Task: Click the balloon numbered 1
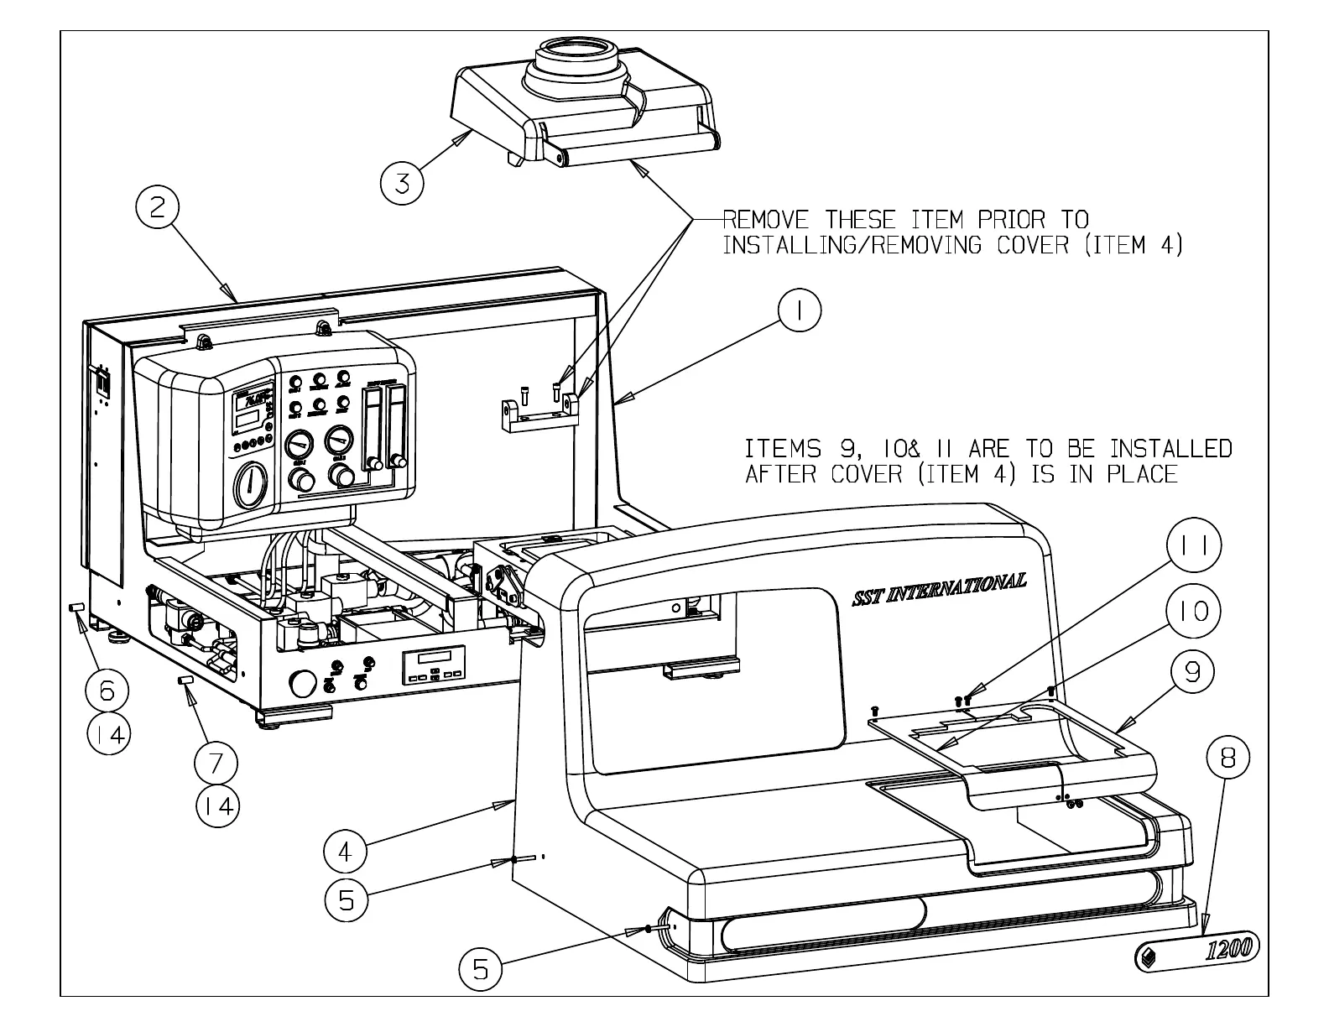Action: [x=798, y=312]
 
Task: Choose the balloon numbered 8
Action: [x=1227, y=758]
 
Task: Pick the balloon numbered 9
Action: [x=1192, y=671]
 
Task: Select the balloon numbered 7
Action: [x=216, y=763]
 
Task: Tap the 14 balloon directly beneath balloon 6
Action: [x=108, y=735]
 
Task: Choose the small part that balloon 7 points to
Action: [x=186, y=677]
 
